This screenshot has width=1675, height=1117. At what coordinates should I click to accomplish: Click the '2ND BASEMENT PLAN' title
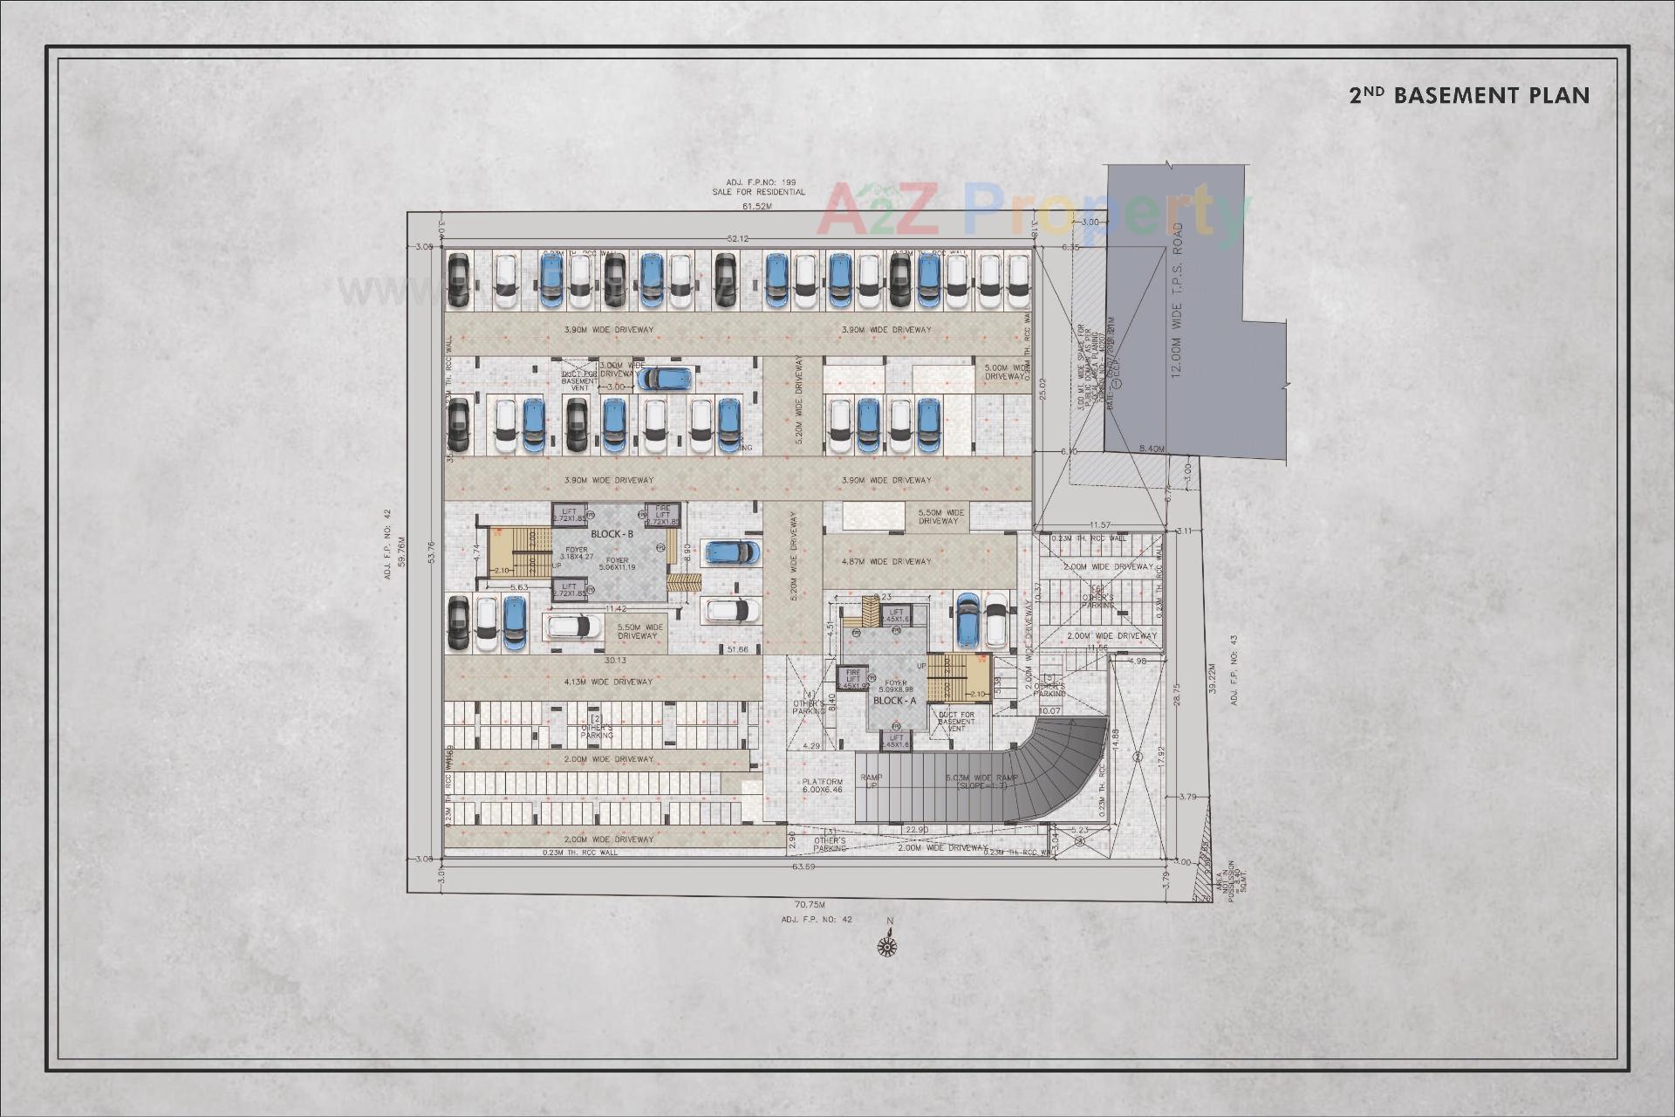pyautogui.click(x=1469, y=95)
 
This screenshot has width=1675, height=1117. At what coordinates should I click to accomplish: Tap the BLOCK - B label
pyautogui.click(x=612, y=534)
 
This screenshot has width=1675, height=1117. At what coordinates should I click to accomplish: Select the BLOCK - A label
pyautogui.click(x=895, y=701)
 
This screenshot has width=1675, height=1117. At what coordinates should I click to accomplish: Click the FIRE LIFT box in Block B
pyautogui.click(x=662, y=515)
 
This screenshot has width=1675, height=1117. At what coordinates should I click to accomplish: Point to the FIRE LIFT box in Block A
pyautogui.click(x=852, y=678)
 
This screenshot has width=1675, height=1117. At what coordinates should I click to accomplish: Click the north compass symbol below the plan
pyautogui.click(x=888, y=944)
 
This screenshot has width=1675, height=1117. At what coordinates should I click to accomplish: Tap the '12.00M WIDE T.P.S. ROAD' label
pyautogui.click(x=1178, y=299)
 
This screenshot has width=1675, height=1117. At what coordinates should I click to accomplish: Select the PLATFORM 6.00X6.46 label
pyautogui.click(x=822, y=785)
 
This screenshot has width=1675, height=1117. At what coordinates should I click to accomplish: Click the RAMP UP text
pyautogui.click(x=871, y=781)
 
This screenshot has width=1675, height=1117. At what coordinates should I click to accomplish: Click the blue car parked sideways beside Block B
pyautogui.click(x=732, y=552)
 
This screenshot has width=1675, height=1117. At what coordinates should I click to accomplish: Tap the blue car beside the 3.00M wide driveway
pyautogui.click(x=665, y=378)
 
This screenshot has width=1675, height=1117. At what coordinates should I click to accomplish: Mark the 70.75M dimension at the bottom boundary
pyautogui.click(x=809, y=905)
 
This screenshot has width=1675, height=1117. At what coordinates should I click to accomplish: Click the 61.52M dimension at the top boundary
pyautogui.click(x=757, y=207)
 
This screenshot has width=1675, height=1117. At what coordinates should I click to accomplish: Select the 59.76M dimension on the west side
pyautogui.click(x=401, y=552)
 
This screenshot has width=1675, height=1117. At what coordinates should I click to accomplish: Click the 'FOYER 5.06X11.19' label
pyautogui.click(x=617, y=564)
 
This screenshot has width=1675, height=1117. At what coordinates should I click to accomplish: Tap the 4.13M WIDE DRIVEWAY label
pyautogui.click(x=609, y=682)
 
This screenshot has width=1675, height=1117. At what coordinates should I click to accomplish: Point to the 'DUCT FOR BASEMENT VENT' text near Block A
pyautogui.click(x=956, y=721)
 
